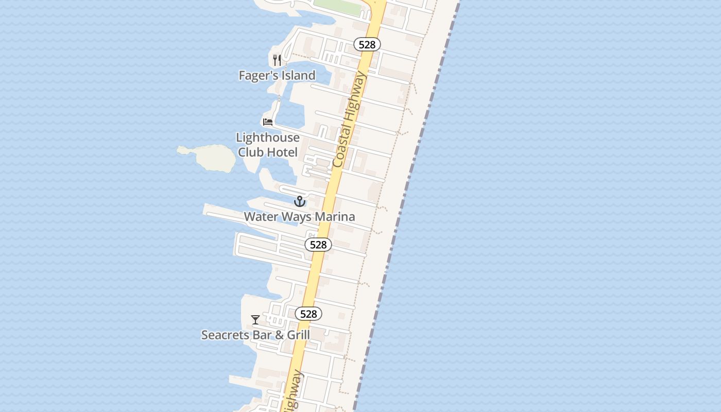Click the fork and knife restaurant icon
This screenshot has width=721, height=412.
(x=277, y=60)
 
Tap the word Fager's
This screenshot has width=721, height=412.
(x=257, y=76)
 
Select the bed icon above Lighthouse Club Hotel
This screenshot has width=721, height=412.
(x=268, y=122)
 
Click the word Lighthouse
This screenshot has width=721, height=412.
(x=268, y=138)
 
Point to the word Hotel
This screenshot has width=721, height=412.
(x=281, y=152)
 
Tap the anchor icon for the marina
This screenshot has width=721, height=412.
(x=300, y=201)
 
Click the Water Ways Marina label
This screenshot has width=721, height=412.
(x=299, y=217)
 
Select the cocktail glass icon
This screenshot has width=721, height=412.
(x=255, y=320)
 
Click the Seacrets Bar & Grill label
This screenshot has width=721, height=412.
(x=255, y=335)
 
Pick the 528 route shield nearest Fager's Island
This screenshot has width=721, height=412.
(x=367, y=45)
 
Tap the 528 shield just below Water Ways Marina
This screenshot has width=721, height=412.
(x=318, y=245)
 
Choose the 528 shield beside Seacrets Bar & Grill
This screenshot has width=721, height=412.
(x=308, y=314)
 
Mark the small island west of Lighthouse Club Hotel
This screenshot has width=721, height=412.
(x=209, y=157)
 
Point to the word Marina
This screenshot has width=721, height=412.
(x=335, y=217)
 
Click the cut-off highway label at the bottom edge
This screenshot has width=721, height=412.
(x=292, y=393)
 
